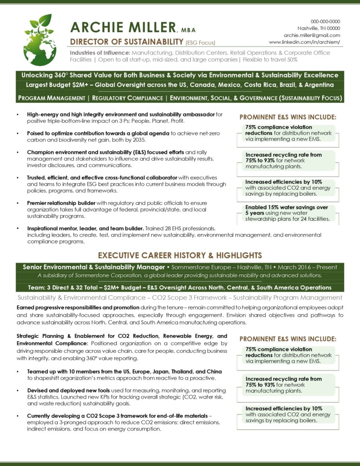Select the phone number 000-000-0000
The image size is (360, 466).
tap(325, 21)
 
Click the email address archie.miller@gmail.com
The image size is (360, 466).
tap(312, 35)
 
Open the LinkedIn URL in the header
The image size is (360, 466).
tap(304, 42)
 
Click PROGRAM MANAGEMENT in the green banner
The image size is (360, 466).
tap(51, 98)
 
